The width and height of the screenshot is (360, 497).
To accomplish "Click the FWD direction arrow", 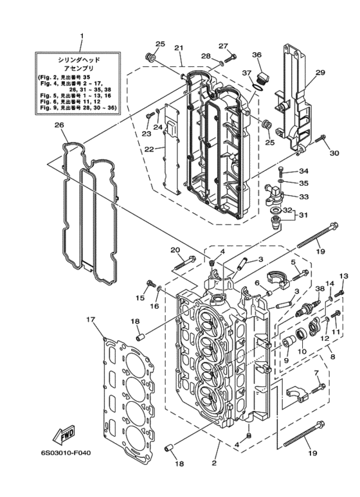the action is click(63, 434).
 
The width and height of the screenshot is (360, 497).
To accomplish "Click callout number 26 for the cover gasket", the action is click(59, 125).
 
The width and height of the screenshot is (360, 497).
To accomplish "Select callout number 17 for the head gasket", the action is click(91, 320).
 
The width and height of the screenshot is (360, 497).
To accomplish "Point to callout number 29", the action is click(320, 73).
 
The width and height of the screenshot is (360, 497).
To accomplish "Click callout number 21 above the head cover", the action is click(179, 48).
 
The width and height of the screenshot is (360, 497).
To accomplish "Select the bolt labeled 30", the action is click(321, 139).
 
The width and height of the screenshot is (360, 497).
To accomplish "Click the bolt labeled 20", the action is click(184, 263).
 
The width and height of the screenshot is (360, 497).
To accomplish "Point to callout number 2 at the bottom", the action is click(214, 463).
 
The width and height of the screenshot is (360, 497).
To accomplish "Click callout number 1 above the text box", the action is click(82, 36).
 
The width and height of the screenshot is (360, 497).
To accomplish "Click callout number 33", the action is click(303, 197).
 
